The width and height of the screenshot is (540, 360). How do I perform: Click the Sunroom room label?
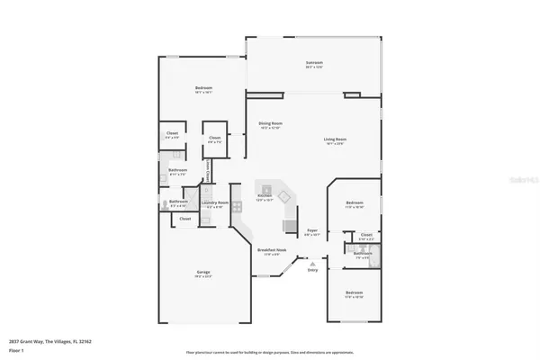314,64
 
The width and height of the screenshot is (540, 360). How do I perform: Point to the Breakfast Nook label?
272,252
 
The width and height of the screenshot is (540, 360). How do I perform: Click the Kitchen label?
265,197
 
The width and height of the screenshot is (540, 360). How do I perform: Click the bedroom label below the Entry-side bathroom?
355,293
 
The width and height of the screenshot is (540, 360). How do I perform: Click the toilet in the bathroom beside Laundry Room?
164,203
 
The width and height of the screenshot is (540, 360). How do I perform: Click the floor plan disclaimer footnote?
270,352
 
